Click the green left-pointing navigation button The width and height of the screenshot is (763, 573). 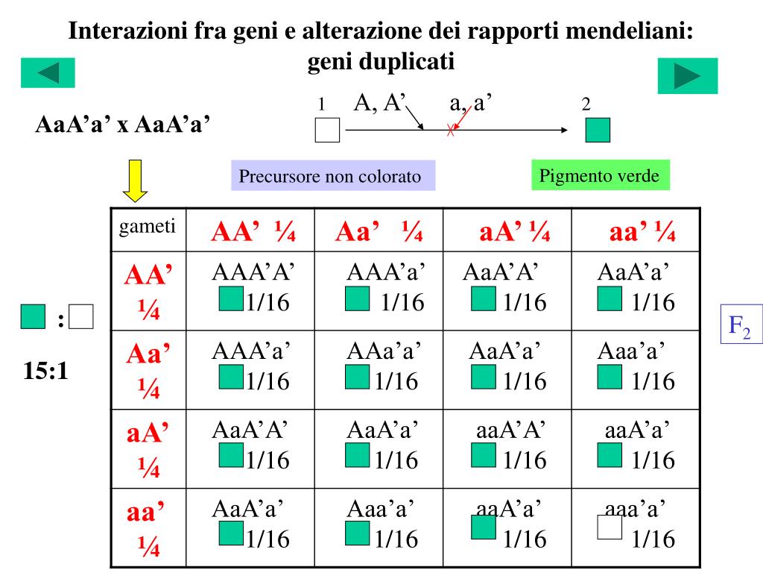[x=48, y=74]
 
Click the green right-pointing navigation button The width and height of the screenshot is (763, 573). [x=687, y=76]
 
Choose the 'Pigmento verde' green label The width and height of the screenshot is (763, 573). [x=600, y=176]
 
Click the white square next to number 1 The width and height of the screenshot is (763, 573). [x=327, y=130]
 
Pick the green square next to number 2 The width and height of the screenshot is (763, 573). [x=598, y=130]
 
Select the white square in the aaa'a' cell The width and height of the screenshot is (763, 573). [x=610, y=527]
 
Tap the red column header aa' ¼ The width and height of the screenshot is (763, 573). [x=642, y=233]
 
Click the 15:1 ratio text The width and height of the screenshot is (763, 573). [x=46, y=371]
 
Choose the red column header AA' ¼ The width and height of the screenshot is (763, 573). [x=253, y=233]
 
